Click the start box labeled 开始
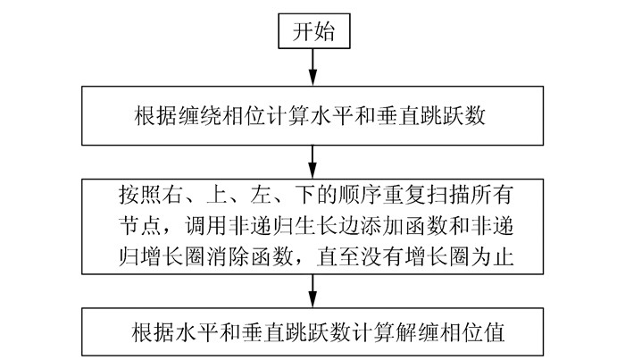point(311,30)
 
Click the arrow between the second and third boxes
point(311,162)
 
